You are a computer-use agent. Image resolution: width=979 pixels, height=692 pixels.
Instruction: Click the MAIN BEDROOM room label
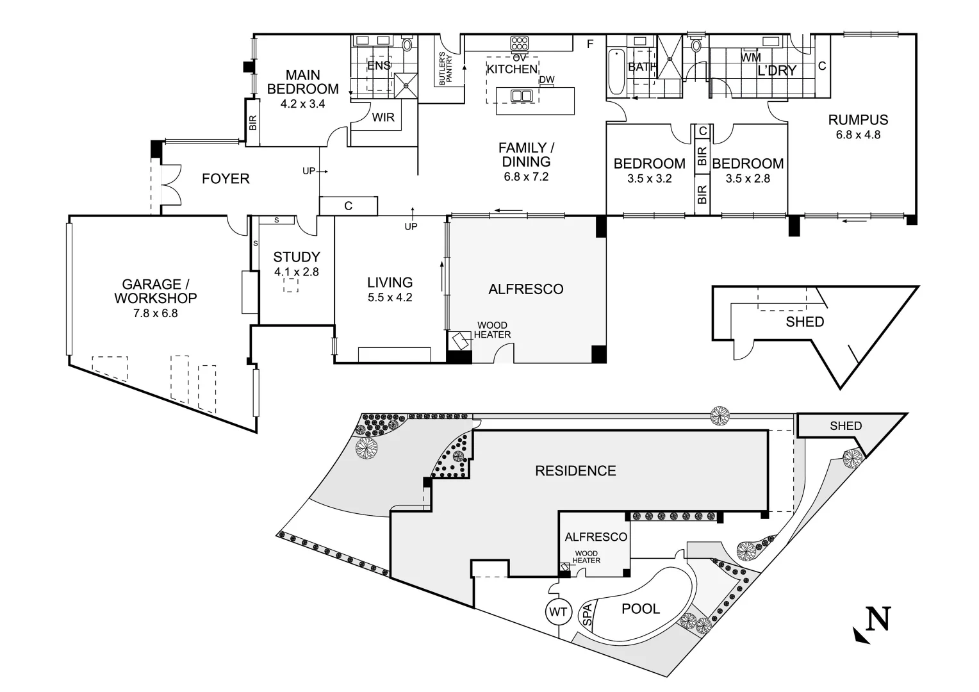coord(302,82)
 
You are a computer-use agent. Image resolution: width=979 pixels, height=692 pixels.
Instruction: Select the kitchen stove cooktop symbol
coord(519,44)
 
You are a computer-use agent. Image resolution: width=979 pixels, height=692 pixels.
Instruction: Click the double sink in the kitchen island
coord(523,96)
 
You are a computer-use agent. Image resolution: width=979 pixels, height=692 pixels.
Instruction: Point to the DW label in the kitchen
coord(547,80)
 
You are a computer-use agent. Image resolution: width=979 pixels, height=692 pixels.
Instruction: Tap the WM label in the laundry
coord(750,58)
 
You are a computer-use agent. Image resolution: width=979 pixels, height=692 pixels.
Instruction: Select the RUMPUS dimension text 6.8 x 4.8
coord(858,135)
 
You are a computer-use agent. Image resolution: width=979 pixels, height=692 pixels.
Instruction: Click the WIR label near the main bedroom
coord(383,118)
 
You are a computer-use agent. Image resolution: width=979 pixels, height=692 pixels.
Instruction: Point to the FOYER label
coord(226,179)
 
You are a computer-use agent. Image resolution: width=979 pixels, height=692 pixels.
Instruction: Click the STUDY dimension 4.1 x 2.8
coord(297,272)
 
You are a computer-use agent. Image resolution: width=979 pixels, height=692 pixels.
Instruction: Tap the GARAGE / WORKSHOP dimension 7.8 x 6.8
coord(155,313)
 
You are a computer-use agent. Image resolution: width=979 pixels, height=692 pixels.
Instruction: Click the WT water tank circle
coord(558,612)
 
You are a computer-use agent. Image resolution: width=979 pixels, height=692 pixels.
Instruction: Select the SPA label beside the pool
coord(587,615)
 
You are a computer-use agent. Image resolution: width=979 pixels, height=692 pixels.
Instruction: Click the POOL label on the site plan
coord(641,609)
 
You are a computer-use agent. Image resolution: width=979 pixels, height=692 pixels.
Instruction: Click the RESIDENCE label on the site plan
coord(575,471)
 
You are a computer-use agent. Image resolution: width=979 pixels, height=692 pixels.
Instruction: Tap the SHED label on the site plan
coord(846,425)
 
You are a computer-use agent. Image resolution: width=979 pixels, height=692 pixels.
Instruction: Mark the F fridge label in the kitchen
coord(591,44)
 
